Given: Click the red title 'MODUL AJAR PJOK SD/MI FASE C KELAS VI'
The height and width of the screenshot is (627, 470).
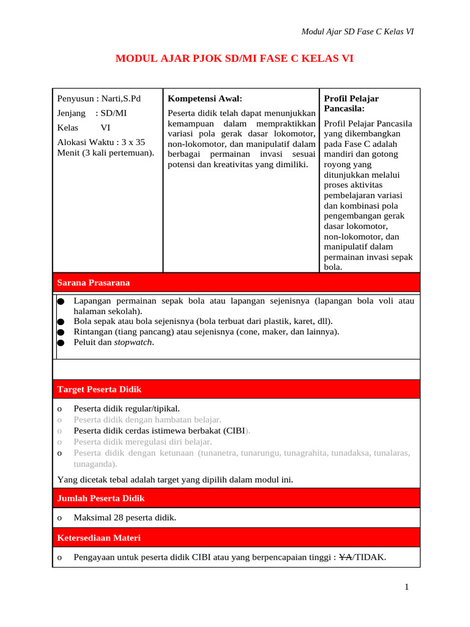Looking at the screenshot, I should tap(234, 59).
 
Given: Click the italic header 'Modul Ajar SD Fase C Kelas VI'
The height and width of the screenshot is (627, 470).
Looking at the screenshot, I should tap(358, 32).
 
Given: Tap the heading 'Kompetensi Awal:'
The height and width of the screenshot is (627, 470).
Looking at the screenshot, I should tap(205, 98).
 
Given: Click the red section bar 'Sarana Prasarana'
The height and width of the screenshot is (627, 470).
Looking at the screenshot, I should tap(236, 282).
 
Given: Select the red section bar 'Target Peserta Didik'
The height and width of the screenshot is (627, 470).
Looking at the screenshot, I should tap(236, 389).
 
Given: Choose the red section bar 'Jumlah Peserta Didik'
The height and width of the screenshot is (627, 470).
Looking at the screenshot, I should tap(236, 498).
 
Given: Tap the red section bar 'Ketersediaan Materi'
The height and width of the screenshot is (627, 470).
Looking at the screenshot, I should tap(236, 538).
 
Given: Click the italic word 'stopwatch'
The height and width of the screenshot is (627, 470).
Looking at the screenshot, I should tap(133, 342).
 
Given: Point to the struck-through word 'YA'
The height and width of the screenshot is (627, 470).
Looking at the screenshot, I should tap(345, 557).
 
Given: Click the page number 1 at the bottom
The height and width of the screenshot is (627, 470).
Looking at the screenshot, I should tap(406, 588).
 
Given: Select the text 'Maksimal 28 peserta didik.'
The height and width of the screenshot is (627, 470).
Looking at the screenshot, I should tap(125, 518).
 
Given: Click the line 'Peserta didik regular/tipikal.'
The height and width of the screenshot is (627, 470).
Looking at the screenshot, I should tap(127, 408).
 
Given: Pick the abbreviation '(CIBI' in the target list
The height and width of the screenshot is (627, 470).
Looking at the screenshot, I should tap(233, 430).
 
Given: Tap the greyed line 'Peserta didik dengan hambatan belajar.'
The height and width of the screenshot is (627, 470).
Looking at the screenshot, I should tap(147, 419).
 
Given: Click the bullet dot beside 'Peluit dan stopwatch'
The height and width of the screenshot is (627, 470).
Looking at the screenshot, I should tap(61, 343).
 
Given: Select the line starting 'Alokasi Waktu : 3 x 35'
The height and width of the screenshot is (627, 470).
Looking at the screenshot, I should tap(101, 141).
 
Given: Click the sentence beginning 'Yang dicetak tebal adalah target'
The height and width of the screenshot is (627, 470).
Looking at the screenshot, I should tap(175, 479).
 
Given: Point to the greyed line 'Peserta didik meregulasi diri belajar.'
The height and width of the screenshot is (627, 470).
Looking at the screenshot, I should tap(143, 441).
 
